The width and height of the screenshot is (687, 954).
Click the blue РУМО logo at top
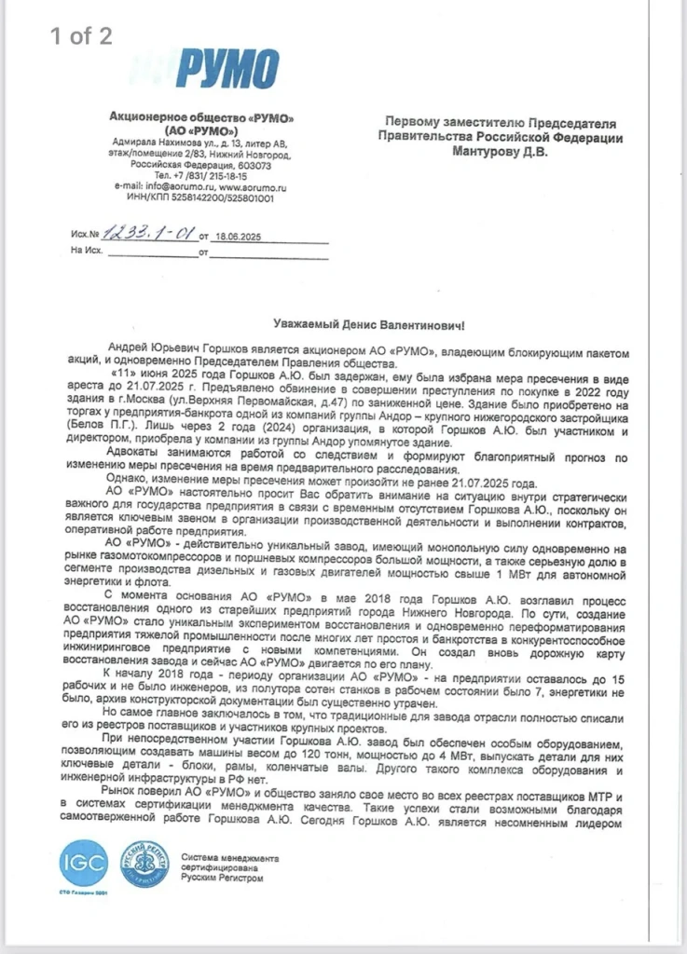(227, 69)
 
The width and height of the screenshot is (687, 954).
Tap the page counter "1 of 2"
(81, 36)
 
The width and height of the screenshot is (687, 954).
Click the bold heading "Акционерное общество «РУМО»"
(200, 118)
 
